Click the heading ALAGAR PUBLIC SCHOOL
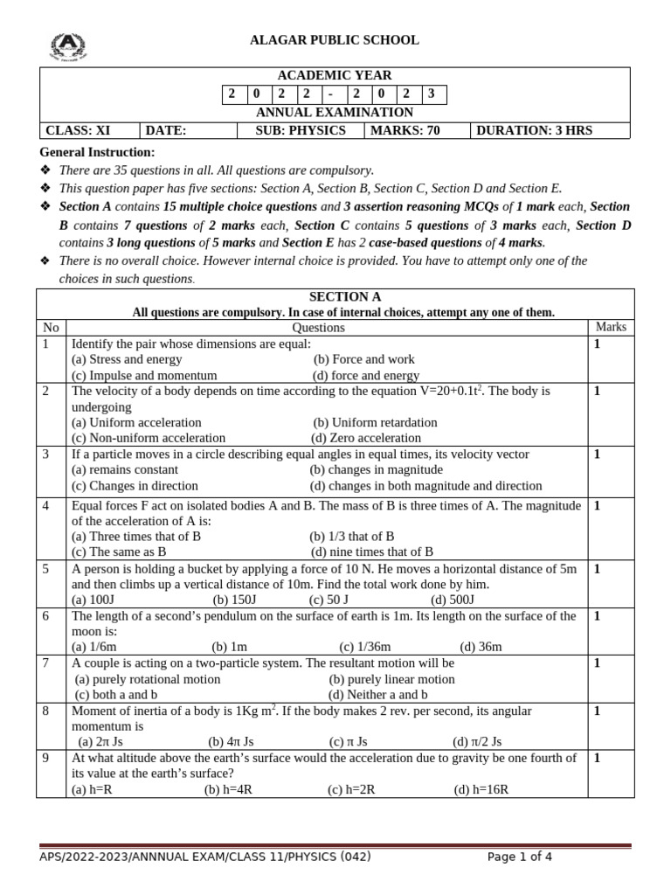pyautogui.click(x=335, y=40)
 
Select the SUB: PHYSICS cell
pyautogui.click(x=300, y=130)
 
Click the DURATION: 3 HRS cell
pyautogui.click(x=534, y=130)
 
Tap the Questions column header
pyautogui.click(x=318, y=328)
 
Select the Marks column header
pyautogui.click(x=611, y=327)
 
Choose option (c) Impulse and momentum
pyautogui.click(x=144, y=375)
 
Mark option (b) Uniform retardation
pyautogui.click(x=375, y=422)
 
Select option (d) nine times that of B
pyautogui.click(x=371, y=552)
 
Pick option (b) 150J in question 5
pyautogui.click(x=234, y=600)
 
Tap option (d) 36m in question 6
pyautogui.click(x=481, y=647)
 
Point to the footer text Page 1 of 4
pyautogui.click(x=520, y=857)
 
